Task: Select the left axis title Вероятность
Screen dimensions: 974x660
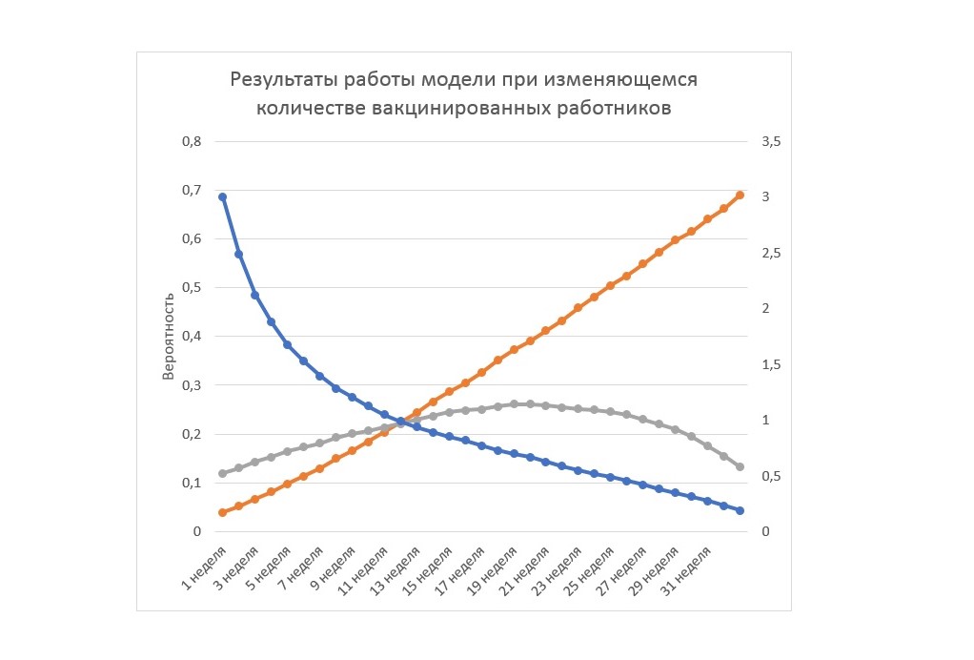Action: tap(168, 337)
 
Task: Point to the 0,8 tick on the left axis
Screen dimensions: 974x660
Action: tap(192, 142)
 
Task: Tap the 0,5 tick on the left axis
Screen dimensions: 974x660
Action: tap(192, 288)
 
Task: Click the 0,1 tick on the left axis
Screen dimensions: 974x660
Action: tap(192, 483)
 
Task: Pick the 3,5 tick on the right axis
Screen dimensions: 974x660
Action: tap(771, 142)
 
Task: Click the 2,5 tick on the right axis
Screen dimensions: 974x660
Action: tap(771, 254)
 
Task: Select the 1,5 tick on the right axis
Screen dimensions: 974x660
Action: tap(771, 364)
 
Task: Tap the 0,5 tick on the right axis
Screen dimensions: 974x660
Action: tap(771, 477)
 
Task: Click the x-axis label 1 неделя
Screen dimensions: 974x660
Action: tap(204, 567)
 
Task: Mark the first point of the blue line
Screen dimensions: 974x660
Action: tap(222, 197)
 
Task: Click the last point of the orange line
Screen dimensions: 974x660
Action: tap(740, 196)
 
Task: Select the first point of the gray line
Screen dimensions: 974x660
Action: tap(222, 474)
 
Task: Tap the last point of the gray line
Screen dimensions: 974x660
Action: tap(740, 466)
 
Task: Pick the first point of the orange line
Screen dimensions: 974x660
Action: tap(222, 513)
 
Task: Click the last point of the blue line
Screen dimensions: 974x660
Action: tap(740, 511)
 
